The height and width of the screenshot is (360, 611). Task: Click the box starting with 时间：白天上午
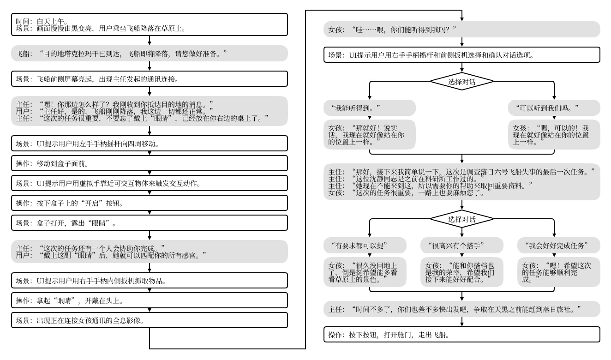[x=149, y=24]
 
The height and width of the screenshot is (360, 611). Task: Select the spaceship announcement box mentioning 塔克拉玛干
[x=149, y=54]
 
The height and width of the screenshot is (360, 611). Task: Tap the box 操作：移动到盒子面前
[x=149, y=163]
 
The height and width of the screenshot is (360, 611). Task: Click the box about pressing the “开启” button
[x=149, y=203]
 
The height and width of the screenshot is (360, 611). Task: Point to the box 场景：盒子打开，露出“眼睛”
[x=149, y=223]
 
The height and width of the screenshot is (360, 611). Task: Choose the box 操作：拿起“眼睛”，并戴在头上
[x=149, y=300]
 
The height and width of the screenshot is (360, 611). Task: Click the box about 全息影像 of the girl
[x=149, y=320]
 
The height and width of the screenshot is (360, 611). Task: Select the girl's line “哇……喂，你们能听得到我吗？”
[x=461, y=30]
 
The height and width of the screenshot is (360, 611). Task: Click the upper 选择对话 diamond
[x=461, y=81]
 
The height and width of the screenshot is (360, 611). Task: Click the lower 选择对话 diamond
[x=461, y=219]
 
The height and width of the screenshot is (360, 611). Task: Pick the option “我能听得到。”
[x=369, y=108]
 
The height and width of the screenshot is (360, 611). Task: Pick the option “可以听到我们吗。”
[x=554, y=108]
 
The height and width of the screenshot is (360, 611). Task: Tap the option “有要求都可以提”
[x=365, y=245]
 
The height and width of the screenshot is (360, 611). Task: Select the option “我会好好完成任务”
[x=558, y=245]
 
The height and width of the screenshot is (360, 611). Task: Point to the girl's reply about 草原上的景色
[x=365, y=272]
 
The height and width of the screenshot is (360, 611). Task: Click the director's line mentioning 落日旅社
[x=461, y=308]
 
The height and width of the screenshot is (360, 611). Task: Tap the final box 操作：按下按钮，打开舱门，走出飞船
[x=461, y=334]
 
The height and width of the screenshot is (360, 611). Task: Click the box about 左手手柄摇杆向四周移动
[x=149, y=144]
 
